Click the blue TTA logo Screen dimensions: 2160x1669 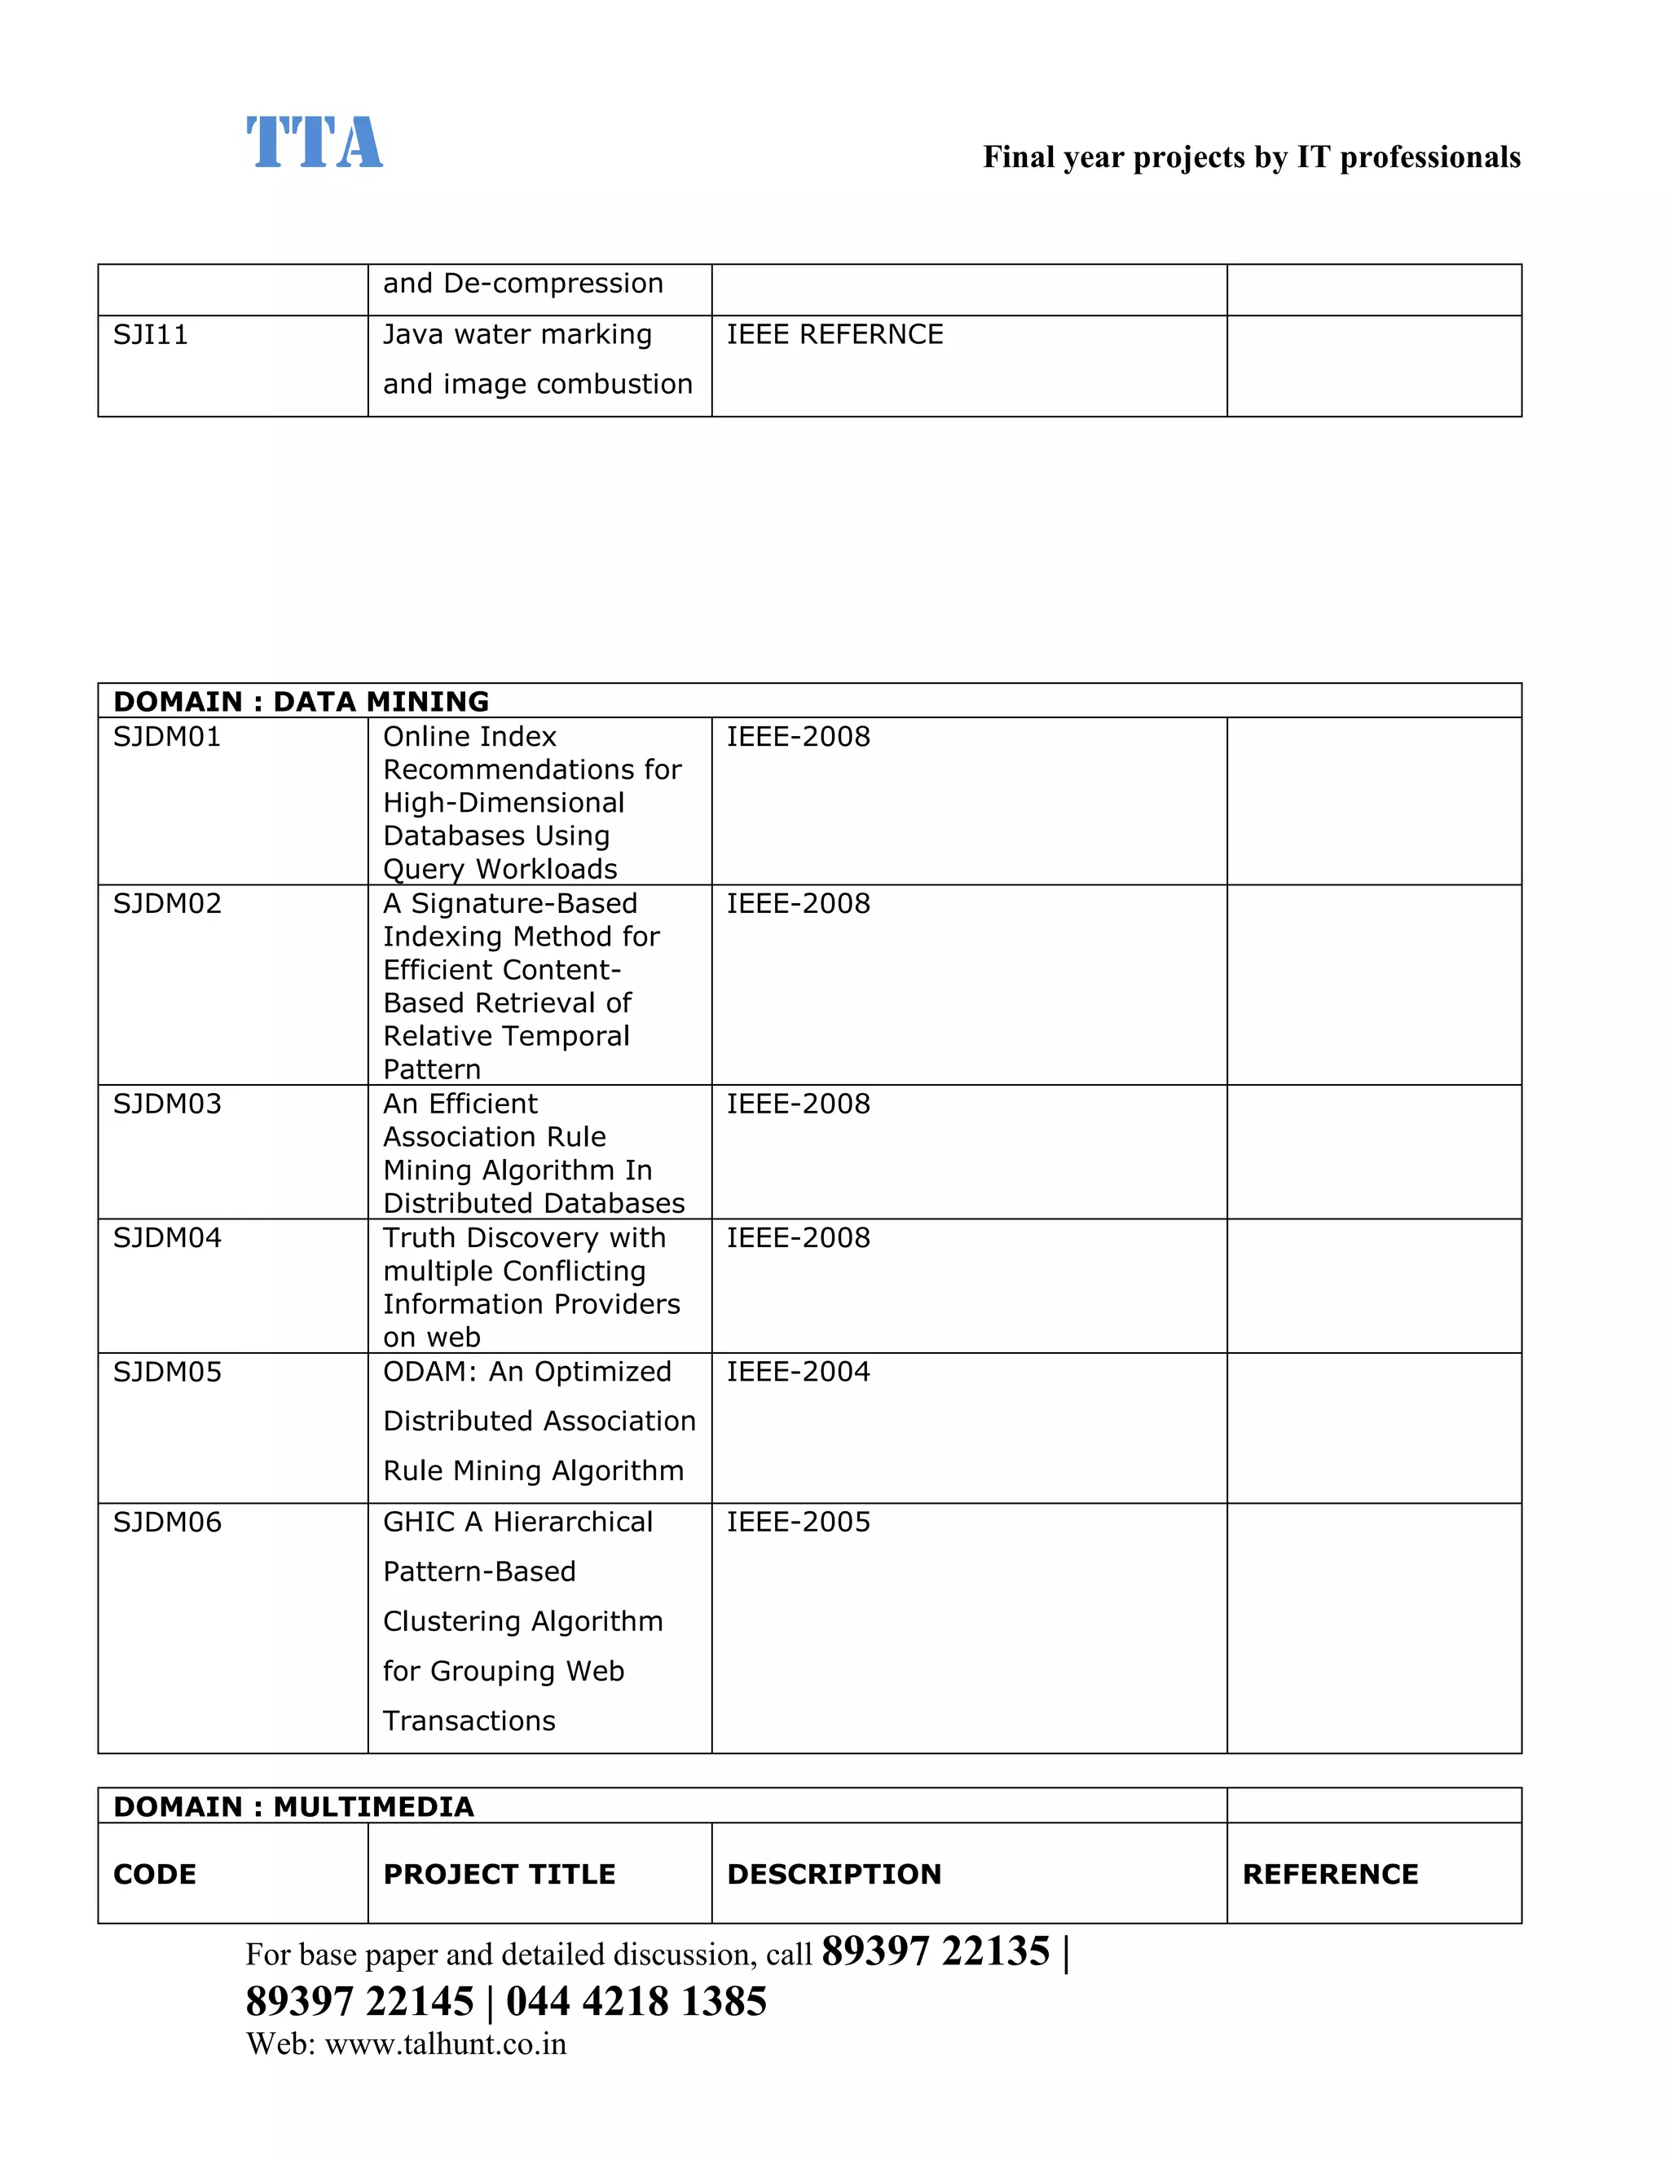click(x=315, y=143)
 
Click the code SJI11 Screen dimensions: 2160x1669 click(x=150, y=335)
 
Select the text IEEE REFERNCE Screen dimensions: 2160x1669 click(x=834, y=335)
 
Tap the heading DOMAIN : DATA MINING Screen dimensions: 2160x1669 click(x=301, y=701)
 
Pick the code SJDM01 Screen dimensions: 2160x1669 click(x=167, y=737)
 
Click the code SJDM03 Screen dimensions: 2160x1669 click(x=167, y=1104)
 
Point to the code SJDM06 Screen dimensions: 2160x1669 click(x=167, y=1522)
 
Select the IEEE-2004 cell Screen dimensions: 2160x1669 click(x=798, y=1372)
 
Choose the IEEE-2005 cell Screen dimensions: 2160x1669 click(x=798, y=1522)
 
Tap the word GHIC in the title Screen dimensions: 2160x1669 click(x=419, y=1522)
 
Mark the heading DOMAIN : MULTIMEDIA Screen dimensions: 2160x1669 click(x=293, y=1807)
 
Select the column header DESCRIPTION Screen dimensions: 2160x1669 click(x=834, y=1874)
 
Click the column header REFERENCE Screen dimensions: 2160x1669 click(x=1330, y=1874)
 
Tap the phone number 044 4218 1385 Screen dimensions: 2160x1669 click(x=636, y=2002)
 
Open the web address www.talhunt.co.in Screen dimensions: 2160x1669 click(x=445, y=2044)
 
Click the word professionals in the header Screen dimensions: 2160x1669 click(x=1429, y=157)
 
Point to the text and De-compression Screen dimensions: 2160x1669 click(x=523, y=284)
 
